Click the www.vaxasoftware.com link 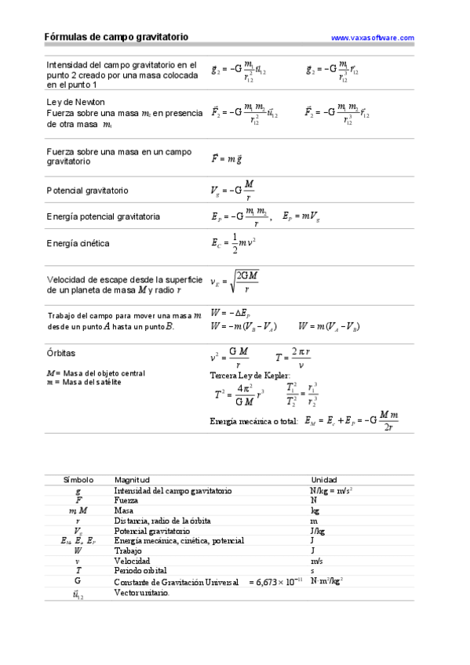click(x=373, y=38)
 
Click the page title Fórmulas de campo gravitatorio click(x=116, y=37)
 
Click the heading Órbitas click(x=61, y=354)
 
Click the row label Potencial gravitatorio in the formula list click(x=87, y=191)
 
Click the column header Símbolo click(x=78, y=479)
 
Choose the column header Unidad click(x=324, y=479)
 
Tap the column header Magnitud click(x=132, y=479)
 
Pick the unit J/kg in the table click(x=319, y=531)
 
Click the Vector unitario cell click(x=141, y=593)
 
